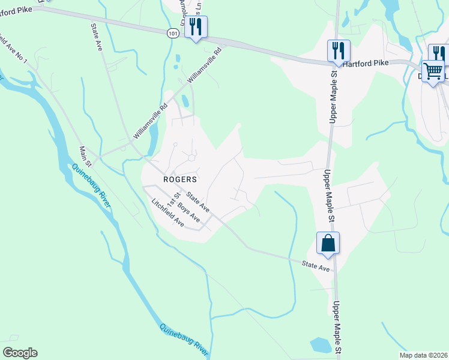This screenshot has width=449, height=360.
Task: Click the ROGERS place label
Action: pos(180,179)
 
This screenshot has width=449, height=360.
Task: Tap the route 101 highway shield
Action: pos(173,34)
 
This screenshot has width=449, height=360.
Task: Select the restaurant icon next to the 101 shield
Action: pos(196,28)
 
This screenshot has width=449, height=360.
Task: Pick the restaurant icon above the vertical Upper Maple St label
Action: pos(339,51)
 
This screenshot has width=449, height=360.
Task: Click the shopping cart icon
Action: pos(433,71)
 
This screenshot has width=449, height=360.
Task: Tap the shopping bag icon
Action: pos(328,244)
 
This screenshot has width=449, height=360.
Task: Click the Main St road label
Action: pos(85,156)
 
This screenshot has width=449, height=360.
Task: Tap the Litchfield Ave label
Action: pos(168,212)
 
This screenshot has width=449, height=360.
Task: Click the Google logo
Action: pos(20,353)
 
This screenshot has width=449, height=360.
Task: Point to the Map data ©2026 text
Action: pos(423,355)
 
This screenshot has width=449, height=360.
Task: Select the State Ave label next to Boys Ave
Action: pos(197,201)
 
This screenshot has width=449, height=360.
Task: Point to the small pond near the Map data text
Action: pos(321,345)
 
